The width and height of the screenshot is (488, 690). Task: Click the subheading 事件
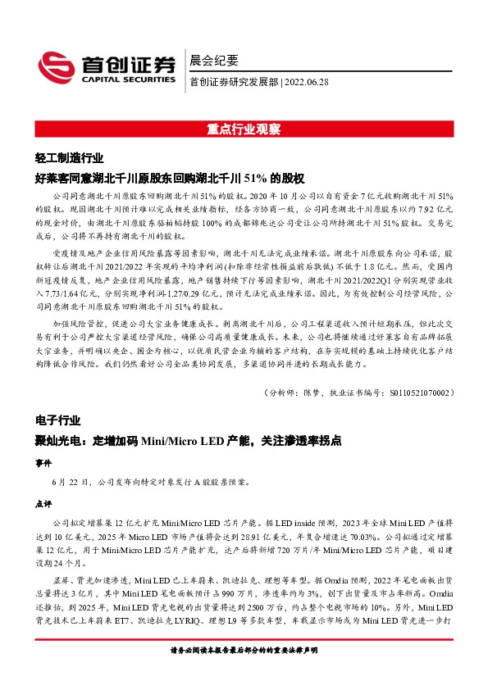(x=43, y=462)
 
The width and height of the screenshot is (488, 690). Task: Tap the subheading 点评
(x=43, y=503)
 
